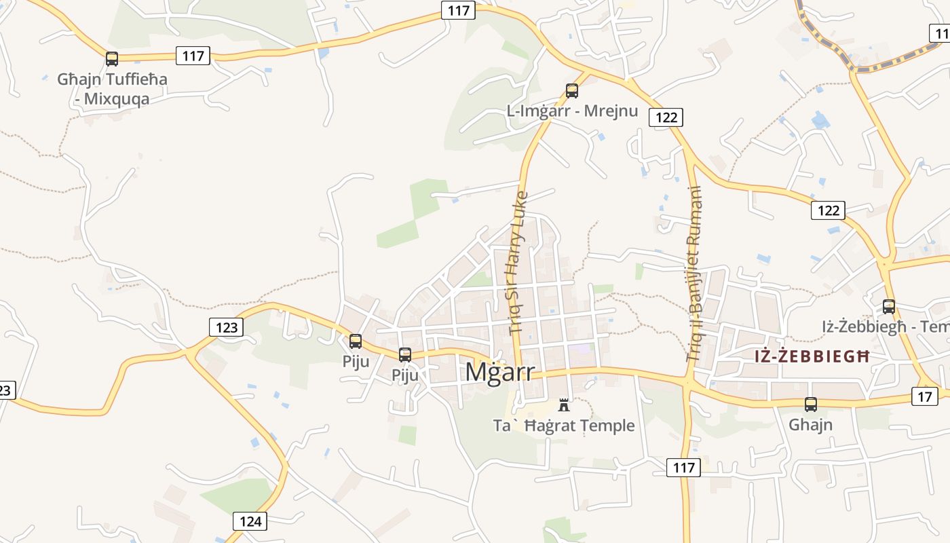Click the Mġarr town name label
point(500,372)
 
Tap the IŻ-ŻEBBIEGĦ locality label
point(812,356)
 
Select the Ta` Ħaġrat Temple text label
point(563,426)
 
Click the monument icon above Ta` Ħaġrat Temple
point(563,405)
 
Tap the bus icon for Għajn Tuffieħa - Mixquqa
point(112,59)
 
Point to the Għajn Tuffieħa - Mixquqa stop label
point(112,89)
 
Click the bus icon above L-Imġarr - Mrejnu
point(572,91)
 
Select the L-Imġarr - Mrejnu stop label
point(572,111)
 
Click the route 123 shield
point(226,327)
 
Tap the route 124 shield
point(250,521)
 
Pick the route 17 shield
point(924,396)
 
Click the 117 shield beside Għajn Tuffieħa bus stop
point(193,56)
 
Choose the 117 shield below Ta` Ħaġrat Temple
point(683,467)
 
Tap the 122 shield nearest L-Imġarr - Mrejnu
point(666,117)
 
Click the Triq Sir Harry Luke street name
point(517,263)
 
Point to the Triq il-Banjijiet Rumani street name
point(694,274)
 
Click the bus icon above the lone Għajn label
point(811,405)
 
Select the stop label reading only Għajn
point(811,425)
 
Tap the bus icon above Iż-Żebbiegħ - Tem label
point(889,307)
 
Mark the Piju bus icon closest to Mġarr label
point(405,355)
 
